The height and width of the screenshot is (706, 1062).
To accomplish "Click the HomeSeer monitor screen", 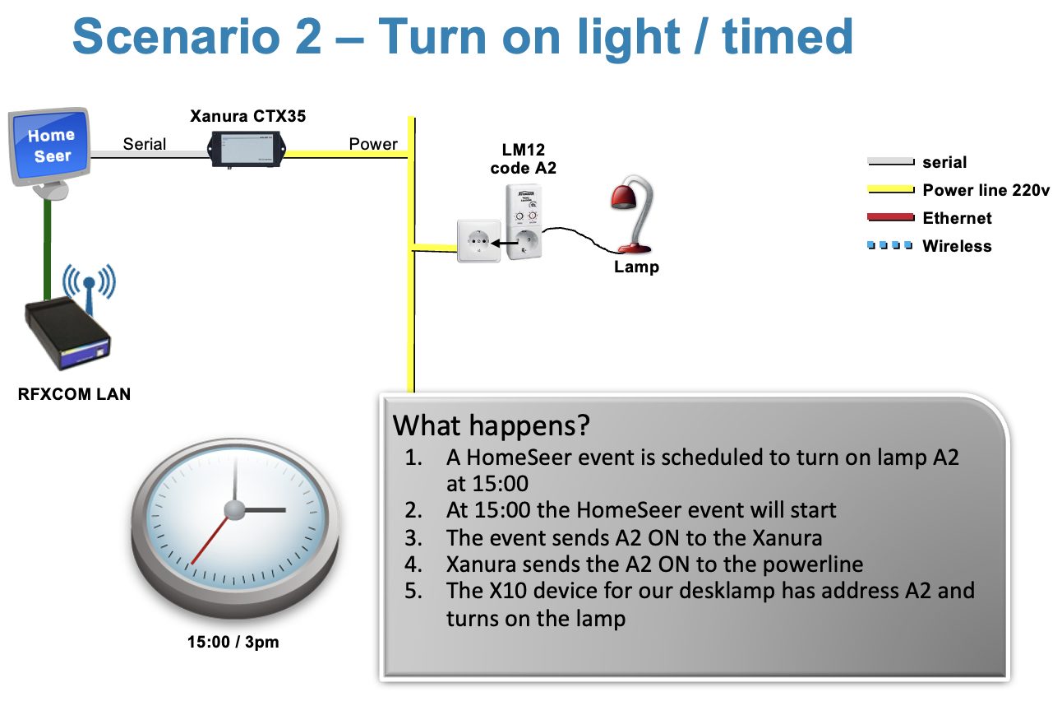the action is [50, 146].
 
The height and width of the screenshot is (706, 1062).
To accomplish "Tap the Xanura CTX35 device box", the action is [247, 149].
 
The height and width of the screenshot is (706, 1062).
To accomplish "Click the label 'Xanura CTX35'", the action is [248, 116].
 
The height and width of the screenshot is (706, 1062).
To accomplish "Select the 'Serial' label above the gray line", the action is [144, 144].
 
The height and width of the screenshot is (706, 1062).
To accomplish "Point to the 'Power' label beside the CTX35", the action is [373, 144].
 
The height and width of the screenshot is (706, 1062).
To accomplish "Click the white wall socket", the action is [479, 240].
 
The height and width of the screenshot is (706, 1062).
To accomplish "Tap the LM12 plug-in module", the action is [524, 221].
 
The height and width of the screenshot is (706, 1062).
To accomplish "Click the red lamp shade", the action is [623, 197].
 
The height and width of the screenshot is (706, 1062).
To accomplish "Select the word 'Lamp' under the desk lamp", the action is [636, 267].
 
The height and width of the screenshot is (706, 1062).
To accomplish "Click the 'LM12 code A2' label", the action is [523, 159].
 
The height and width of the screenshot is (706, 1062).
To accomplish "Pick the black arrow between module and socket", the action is [505, 243].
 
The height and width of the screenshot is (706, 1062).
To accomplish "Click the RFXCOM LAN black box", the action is [67, 333].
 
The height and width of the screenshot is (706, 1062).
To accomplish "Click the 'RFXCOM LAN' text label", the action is [74, 394].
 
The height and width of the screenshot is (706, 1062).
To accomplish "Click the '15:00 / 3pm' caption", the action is [233, 642].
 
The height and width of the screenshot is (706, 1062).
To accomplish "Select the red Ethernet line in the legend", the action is [890, 217].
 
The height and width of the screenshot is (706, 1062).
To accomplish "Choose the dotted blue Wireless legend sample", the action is [889, 245].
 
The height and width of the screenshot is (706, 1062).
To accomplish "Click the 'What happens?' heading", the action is [492, 425].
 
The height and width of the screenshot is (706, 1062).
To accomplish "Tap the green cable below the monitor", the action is [48, 248].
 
